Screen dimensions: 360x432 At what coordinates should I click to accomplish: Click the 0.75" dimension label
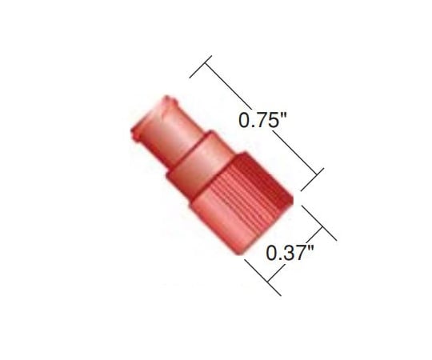coord(262,122)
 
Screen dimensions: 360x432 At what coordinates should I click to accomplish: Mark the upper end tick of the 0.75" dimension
coord(201,67)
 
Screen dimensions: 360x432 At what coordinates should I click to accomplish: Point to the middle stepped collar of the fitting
coord(195,156)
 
